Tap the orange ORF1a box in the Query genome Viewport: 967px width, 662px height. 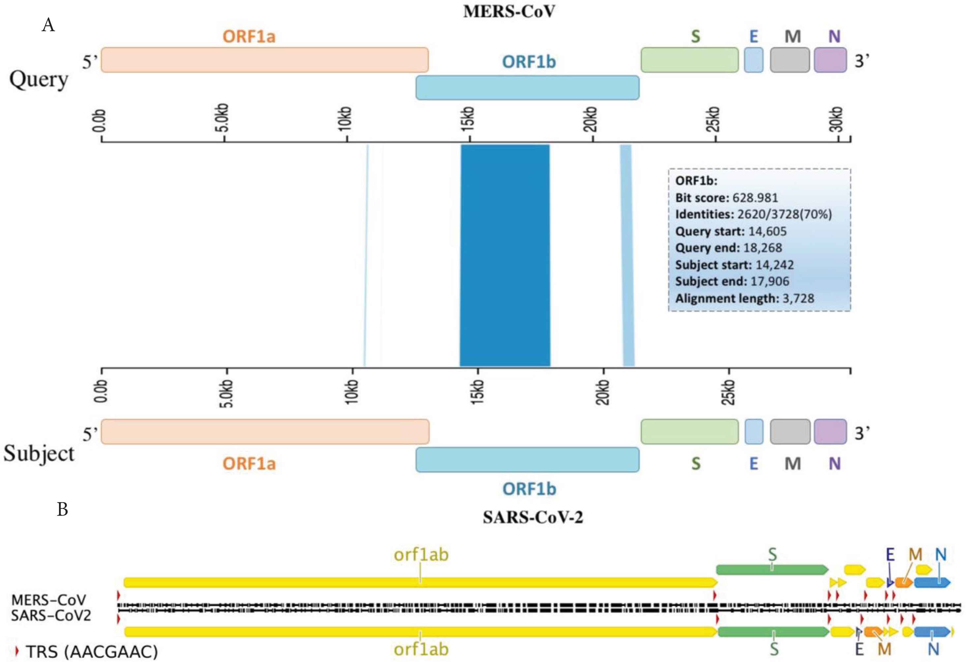(265, 60)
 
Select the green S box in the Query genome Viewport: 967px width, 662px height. (689, 60)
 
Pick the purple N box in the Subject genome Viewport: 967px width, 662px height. (830, 432)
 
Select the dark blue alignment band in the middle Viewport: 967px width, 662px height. (505, 255)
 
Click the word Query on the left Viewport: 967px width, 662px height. (39, 79)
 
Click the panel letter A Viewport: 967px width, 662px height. (48, 25)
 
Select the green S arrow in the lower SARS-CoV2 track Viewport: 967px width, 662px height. (773, 632)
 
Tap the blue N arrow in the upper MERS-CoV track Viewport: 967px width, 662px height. (932, 582)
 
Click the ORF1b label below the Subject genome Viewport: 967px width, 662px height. (529, 489)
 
